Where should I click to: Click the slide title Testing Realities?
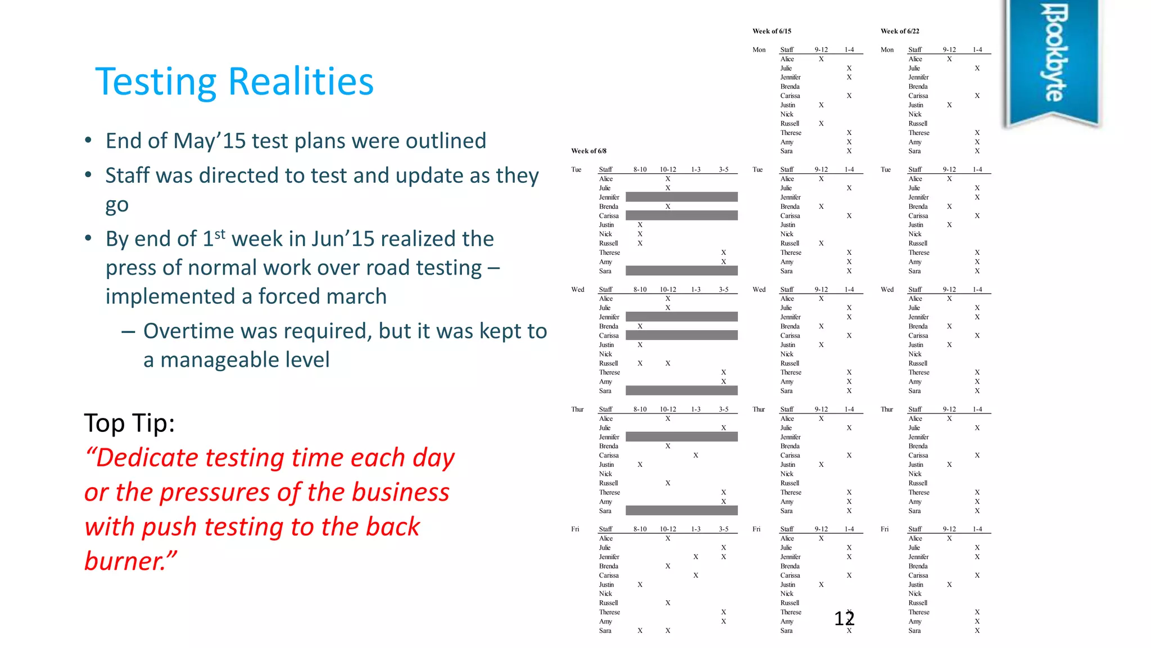pyautogui.click(x=234, y=82)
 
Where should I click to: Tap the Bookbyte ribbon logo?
pyautogui.click(x=1051, y=56)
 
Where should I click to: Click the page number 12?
pyautogui.click(x=844, y=619)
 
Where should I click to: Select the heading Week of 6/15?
pyautogui.click(x=772, y=31)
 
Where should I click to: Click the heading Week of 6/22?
pyautogui.click(x=900, y=31)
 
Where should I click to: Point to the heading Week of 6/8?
pyautogui.click(x=588, y=151)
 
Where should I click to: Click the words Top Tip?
pyautogui.click(x=129, y=423)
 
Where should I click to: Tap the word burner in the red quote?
pyautogui.click(x=124, y=561)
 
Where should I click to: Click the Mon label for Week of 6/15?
pyautogui.click(x=759, y=50)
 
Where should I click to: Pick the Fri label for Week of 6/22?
pyautogui.click(x=885, y=529)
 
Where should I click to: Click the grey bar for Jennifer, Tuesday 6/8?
pyautogui.click(x=681, y=197)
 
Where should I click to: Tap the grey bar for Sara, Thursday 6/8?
pyautogui.click(x=681, y=511)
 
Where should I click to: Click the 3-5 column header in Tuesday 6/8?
pyautogui.click(x=723, y=169)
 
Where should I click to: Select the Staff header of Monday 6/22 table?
pyautogui.click(x=915, y=50)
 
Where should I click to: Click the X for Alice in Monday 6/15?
pyautogui.click(x=821, y=59)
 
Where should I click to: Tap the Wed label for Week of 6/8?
pyautogui.click(x=578, y=290)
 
